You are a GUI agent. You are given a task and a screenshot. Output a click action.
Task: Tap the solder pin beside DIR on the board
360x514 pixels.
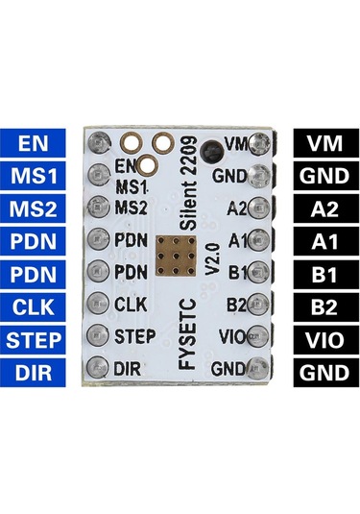[x=98, y=368]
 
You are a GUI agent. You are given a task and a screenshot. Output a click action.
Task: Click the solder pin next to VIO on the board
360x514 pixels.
[x=256, y=337]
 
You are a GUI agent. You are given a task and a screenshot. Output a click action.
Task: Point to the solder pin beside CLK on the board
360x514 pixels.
[x=98, y=304]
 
